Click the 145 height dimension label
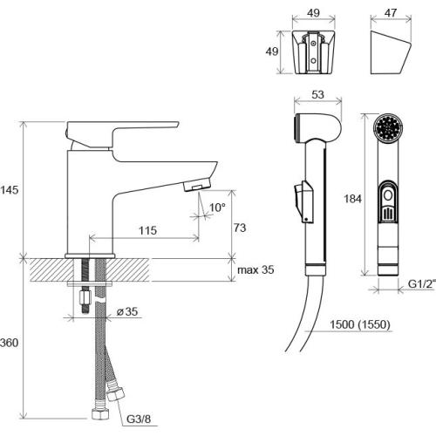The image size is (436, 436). pyautogui.click(x=9, y=190)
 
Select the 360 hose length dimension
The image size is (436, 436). pyautogui.click(x=9, y=343)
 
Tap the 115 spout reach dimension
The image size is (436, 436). pyautogui.click(x=147, y=231)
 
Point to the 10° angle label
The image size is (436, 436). pyautogui.click(x=217, y=208)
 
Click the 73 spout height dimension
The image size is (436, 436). pyautogui.click(x=240, y=228)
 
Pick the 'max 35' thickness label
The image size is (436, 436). pyautogui.click(x=255, y=269)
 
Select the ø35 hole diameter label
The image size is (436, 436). pyautogui.click(x=127, y=311)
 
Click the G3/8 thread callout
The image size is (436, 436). pyautogui.click(x=139, y=419)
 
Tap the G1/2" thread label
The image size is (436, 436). pyautogui.click(x=422, y=283)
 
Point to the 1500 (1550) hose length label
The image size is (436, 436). pyautogui.click(x=360, y=324)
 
